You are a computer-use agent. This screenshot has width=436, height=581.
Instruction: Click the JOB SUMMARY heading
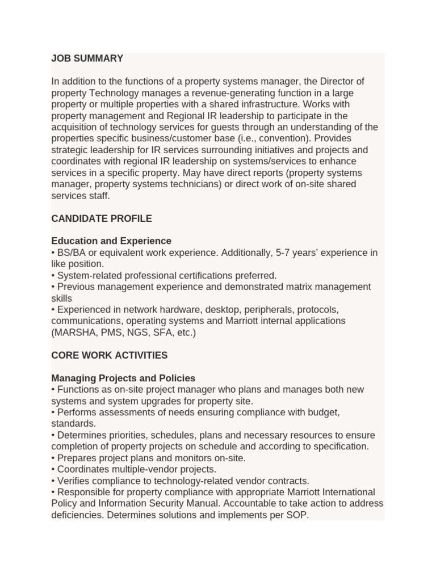(87, 58)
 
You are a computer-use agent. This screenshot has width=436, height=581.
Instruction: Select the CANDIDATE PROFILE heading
(102, 218)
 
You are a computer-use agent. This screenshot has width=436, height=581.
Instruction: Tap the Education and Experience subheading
(111, 241)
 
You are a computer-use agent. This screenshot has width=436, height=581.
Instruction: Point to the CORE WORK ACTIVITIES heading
(109, 355)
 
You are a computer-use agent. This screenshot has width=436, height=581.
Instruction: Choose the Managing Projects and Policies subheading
(123, 378)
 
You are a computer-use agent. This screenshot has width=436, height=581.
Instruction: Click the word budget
(324, 412)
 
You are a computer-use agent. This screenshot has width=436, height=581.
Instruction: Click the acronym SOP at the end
(296, 515)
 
